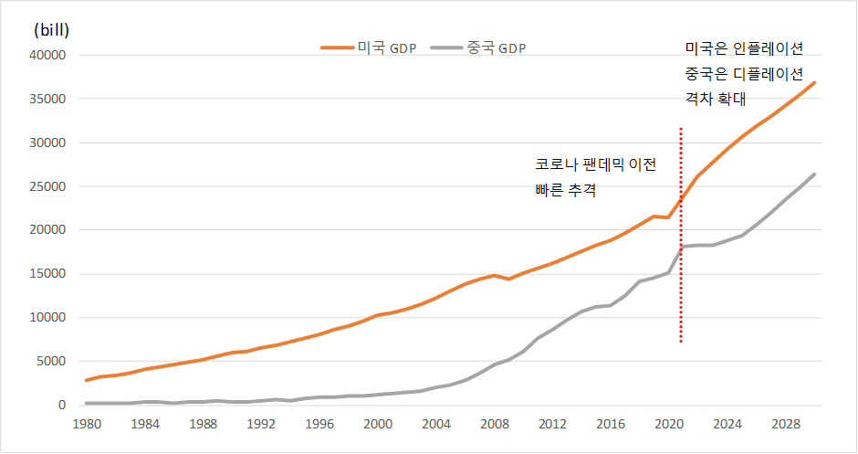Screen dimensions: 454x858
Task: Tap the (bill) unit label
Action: (51, 29)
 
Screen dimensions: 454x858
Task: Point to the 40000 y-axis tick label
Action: (49, 55)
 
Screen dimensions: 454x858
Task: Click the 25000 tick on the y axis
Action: (49, 186)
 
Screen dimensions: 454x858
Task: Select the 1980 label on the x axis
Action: (86, 425)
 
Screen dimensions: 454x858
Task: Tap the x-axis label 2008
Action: (494, 425)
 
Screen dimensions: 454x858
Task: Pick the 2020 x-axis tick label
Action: (669, 425)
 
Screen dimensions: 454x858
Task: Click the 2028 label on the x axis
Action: (785, 425)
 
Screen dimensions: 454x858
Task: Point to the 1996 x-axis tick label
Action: (319, 425)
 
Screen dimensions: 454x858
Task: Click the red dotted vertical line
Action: (681, 238)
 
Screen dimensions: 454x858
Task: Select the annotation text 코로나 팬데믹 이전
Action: (595, 164)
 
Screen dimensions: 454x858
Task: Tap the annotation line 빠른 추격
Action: (565, 190)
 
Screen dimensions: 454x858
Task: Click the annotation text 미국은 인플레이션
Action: (744, 48)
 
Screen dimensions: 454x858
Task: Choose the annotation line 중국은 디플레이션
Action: (744, 73)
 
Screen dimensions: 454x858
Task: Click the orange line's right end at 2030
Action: (814, 83)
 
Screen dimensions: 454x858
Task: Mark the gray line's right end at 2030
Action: (814, 174)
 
